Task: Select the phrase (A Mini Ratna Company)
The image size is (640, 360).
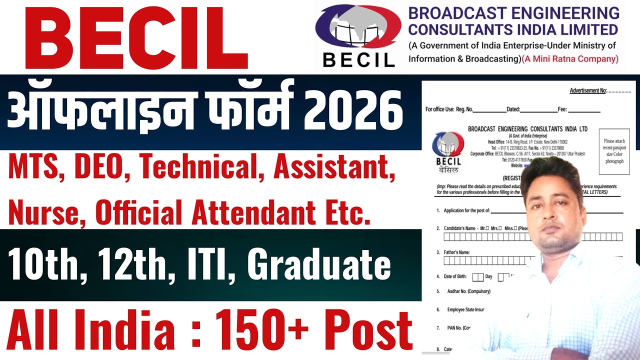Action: pyautogui.click(x=570, y=59)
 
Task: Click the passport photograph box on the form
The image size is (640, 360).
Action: pyautogui.click(x=614, y=151)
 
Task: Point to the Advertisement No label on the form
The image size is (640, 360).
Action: pyautogui.click(x=588, y=90)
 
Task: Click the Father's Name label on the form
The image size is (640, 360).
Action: pyautogui.click(x=456, y=252)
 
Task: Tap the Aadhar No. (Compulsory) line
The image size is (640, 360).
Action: pyautogui.click(x=463, y=291)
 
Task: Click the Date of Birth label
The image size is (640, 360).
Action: pyautogui.click(x=455, y=276)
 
